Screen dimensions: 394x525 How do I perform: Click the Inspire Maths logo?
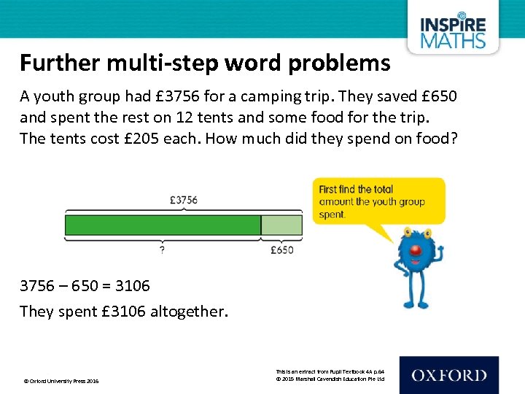tap(453, 31)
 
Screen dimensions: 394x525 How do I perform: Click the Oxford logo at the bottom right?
tap(448, 375)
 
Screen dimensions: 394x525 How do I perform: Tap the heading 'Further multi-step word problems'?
tap(205, 64)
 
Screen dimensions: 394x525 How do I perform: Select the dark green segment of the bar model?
tap(163, 225)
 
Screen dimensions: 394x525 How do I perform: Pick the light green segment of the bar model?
tap(281, 225)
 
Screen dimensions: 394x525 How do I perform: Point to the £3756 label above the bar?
tap(183, 199)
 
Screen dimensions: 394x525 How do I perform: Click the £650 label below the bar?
tap(281, 250)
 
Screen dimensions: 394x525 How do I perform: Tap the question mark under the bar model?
tap(161, 250)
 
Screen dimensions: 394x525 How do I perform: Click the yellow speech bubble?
tap(378, 201)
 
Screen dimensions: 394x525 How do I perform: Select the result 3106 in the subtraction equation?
tap(132, 285)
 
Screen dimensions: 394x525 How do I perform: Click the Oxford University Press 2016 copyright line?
tap(61, 381)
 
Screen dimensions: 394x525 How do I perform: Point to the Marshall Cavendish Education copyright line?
tap(330, 379)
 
